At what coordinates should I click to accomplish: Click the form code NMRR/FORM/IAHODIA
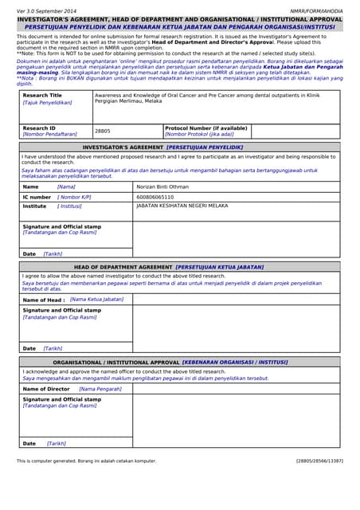pos(316,11)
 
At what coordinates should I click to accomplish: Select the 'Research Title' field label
pos(42,96)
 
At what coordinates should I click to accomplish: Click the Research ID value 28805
pos(103,131)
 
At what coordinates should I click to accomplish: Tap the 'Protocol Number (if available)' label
pos(206,127)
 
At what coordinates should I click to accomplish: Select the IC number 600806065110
pos(155,196)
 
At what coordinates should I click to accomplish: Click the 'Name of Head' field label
pos(44,300)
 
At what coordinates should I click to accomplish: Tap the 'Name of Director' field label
pos(46,389)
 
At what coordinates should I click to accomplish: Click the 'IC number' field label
pos(37,196)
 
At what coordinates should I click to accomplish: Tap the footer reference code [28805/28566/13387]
pos(319,461)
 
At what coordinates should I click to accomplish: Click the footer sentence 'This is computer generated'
pos(87,461)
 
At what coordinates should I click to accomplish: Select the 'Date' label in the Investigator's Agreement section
pos(29,253)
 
